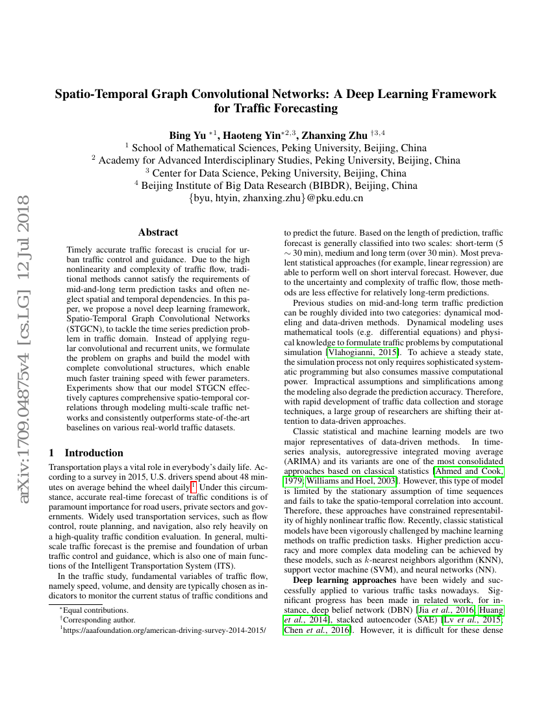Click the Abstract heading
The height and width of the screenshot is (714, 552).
pos(158,232)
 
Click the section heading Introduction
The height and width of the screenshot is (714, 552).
pos(94,452)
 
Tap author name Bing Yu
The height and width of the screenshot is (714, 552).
pos(186,136)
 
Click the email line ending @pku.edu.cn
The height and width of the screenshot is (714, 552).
pos(276,198)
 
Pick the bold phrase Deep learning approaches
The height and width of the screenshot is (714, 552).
pos(344,580)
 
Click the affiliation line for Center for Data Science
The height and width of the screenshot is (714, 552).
pos(276,173)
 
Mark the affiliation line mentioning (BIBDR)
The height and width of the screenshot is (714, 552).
pos(276,186)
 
